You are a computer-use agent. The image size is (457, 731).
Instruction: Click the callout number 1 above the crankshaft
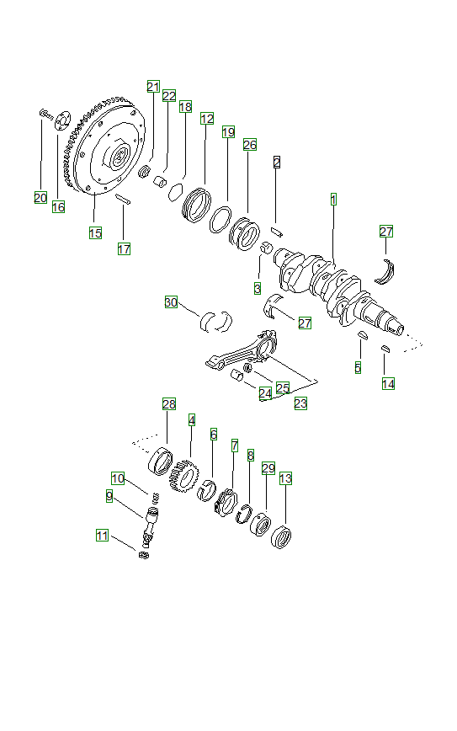point(333,200)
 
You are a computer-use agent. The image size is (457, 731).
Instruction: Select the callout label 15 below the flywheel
point(96,232)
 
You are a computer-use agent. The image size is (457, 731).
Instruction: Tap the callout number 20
point(40,198)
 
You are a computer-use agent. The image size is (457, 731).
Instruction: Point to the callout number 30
point(171,302)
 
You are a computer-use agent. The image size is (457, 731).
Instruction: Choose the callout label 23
point(300,403)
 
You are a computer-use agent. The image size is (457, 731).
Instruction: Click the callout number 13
point(285,478)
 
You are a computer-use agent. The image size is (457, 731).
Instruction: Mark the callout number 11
point(102,535)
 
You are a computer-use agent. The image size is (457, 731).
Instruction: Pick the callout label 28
point(169,404)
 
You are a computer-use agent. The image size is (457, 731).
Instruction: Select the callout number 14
point(388,383)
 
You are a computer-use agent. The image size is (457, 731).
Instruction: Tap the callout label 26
point(249,144)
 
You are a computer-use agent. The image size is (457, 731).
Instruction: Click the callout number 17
point(124,248)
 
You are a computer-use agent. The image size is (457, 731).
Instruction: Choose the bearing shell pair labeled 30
point(215,319)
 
